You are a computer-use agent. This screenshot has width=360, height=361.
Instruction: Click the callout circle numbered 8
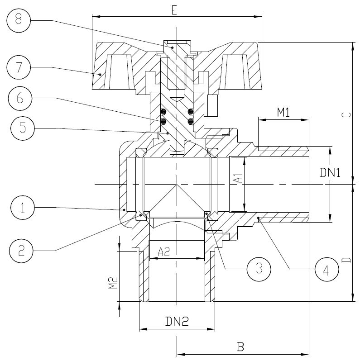[19, 20]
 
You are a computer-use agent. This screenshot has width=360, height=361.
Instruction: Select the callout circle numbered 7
[19, 67]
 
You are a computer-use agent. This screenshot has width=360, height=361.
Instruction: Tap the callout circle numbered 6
[20, 98]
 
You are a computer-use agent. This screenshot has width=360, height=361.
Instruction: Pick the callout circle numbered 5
[23, 128]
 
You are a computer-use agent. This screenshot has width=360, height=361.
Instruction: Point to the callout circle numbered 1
[23, 208]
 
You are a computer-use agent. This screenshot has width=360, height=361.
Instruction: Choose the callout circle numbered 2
[21, 251]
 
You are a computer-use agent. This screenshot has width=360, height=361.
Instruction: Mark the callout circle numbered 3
[259, 269]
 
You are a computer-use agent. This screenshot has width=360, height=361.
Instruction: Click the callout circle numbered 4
[327, 269]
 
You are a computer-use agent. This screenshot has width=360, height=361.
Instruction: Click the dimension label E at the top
[174, 10]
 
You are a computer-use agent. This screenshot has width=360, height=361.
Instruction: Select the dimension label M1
[283, 112]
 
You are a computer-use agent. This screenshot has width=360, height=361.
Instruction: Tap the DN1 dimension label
[330, 172]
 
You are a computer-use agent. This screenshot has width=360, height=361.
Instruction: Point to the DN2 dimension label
[177, 321]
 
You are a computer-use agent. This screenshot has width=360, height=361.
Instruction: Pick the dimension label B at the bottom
[240, 346]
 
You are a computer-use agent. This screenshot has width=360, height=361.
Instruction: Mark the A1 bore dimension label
[240, 178]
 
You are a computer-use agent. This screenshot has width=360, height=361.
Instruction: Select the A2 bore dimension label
[164, 252]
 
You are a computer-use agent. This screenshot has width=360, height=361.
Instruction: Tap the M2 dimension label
[113, 283]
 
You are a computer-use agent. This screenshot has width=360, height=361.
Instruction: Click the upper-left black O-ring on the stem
[163, 112]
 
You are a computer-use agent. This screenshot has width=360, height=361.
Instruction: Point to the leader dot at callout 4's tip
[259, 218]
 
